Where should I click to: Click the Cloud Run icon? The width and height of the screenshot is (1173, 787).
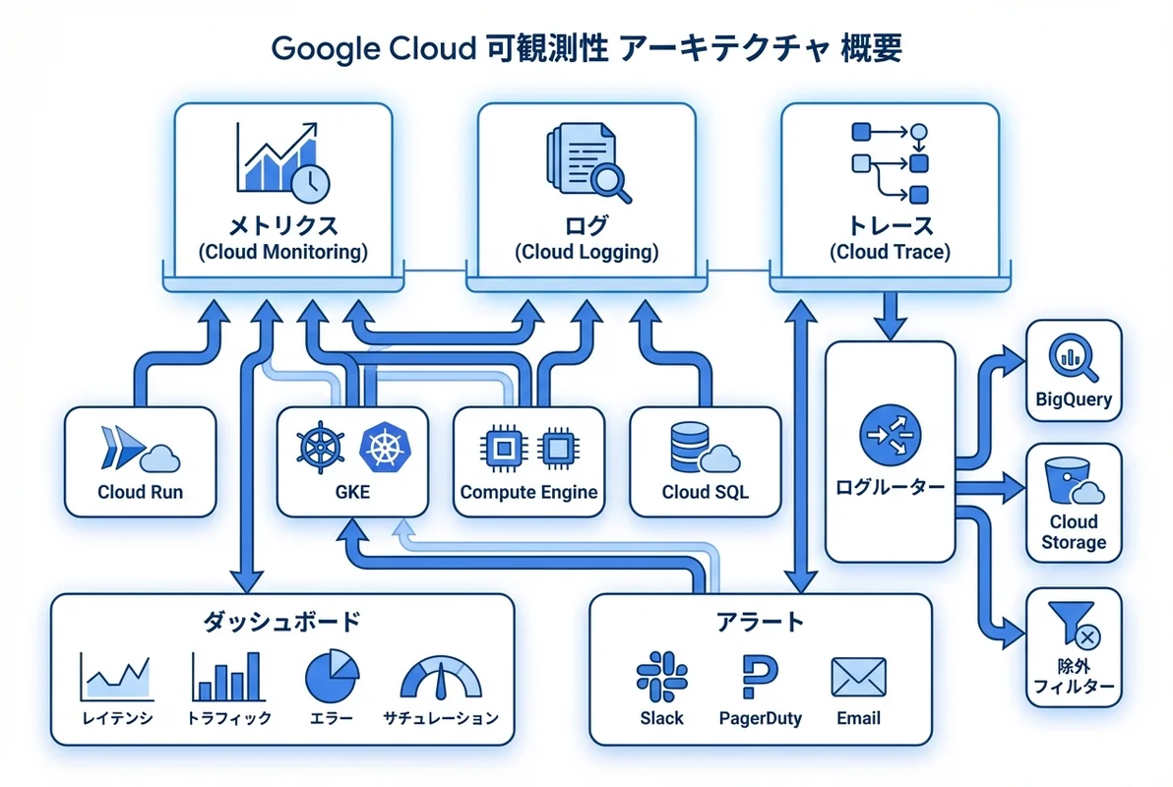click(139, 451)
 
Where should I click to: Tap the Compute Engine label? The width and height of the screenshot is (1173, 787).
click(528, 492)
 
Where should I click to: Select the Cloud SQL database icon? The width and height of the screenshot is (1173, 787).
click(704, 449)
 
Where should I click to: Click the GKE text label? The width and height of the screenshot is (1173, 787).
click(351, 492)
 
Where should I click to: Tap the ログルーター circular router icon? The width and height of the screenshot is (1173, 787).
click(890, 433)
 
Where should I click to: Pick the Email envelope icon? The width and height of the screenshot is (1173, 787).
click(858, 678)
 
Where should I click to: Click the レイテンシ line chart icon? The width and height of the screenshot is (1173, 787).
click(116, 678)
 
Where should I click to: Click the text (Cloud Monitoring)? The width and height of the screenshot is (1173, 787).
click(282, 252)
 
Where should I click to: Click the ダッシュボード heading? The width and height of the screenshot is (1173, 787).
click(281, 622)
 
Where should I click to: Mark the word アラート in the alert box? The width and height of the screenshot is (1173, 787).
click(760, 622)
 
